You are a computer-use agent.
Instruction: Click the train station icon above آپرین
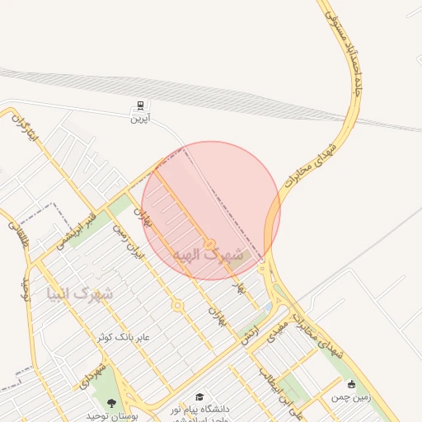click(x=140, y=105)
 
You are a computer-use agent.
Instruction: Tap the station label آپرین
click(x=140, y=118)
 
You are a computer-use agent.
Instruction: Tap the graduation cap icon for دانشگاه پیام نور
click(x=199, y=397)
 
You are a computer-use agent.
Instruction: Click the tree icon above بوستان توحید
click(x=112, y=403)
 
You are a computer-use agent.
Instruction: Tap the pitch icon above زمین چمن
click(x=352, y=384)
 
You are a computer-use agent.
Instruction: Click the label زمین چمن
click(x=352, y=396)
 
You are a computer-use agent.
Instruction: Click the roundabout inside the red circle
click(x=210, y=244)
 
